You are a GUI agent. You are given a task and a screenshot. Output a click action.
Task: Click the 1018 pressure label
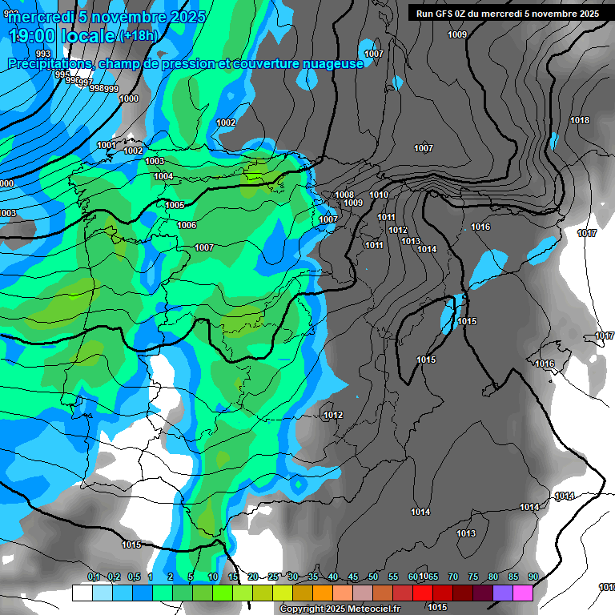580,121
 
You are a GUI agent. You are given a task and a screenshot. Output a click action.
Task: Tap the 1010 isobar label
379,195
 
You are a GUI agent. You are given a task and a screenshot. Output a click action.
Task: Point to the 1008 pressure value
344,195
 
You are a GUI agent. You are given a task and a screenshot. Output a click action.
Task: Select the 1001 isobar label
107,145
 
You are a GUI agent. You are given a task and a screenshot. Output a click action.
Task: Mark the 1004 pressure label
163,176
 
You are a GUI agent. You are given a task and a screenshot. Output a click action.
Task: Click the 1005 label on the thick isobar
175,206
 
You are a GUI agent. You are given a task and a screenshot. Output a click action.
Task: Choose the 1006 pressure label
187,226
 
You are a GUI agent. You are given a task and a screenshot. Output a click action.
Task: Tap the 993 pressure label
42,54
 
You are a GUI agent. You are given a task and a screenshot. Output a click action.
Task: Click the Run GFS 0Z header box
508,14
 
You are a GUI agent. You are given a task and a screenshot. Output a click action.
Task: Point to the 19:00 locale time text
62,36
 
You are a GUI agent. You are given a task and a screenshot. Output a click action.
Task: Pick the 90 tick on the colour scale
533,577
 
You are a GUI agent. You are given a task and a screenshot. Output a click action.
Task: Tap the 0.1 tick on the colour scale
94,577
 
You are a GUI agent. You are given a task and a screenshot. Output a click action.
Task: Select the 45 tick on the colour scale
353,577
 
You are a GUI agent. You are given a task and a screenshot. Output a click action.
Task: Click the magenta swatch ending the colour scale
523,593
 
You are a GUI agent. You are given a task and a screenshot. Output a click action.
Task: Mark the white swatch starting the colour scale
82,593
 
